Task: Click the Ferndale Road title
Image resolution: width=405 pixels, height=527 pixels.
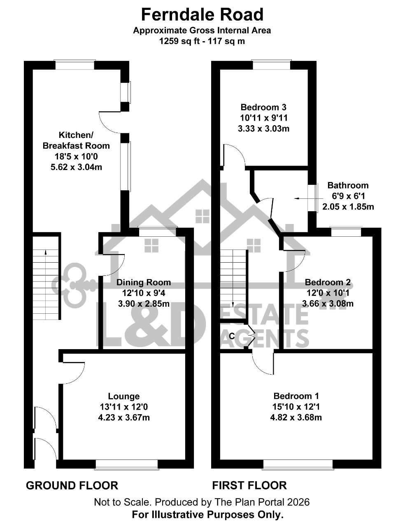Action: click(x=202, y=14)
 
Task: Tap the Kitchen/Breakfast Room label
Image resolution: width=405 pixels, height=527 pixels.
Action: click(x=76, y=140)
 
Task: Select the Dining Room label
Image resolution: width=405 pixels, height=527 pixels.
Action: click(x=144, y=282)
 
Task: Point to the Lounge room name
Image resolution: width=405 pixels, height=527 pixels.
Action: click(x=123, y=396)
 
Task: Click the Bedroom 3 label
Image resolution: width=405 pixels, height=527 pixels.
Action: click(x=263, y=107)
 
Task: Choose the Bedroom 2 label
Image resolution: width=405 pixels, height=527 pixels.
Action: click(x=328, y=282)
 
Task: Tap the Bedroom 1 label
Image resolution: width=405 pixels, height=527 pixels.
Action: click(x=296, y=396)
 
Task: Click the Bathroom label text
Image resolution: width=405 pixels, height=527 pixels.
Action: click(x=348, y=185)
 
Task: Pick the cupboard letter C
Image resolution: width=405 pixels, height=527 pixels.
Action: click(x=232, y=336)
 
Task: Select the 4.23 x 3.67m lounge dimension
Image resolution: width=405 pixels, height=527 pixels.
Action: click(x=124, y=417)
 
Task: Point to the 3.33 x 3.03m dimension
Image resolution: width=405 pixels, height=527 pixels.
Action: click(x=263, y=128)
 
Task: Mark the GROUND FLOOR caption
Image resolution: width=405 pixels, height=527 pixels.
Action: click(x=72, y=486)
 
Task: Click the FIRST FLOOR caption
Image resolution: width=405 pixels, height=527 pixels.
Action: click(x=249, y=485)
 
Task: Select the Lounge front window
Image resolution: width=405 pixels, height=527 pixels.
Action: click(x=127, y=464)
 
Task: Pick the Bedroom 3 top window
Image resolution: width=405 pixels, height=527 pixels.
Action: click(x=272, y=65)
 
